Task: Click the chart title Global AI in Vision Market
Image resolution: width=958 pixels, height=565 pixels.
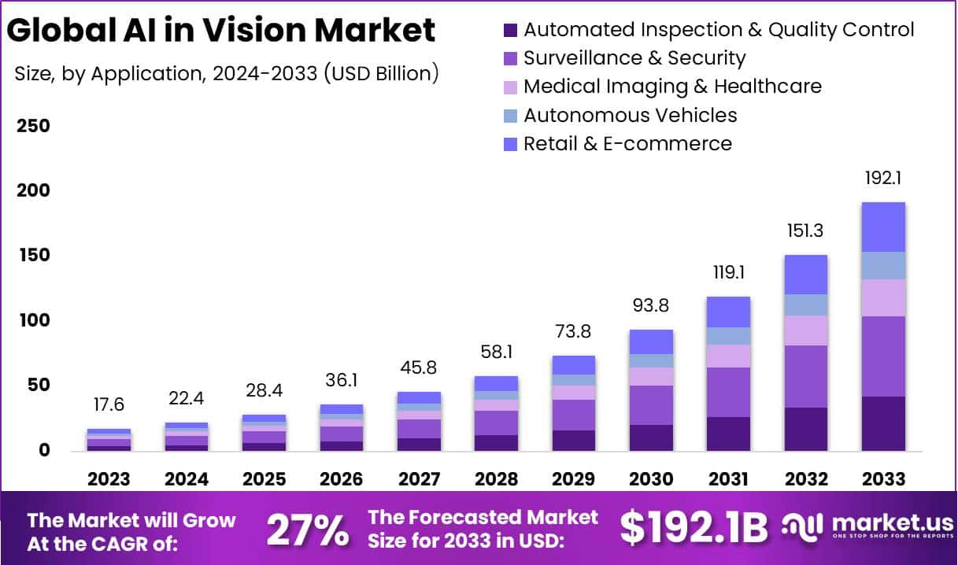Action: point(221,31)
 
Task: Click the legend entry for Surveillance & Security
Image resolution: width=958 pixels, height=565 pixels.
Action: point(634,58)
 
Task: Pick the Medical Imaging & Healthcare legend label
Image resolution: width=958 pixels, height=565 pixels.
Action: point(671,87)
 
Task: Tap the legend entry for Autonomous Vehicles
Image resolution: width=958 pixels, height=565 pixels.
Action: point(630,116)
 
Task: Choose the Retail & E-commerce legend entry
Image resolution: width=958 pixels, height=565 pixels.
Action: point(627,144)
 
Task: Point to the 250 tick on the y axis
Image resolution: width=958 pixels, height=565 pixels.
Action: point(33,126)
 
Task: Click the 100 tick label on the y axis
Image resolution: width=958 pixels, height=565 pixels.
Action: point(33,320)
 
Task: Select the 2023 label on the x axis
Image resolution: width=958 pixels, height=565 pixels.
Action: point(109,478)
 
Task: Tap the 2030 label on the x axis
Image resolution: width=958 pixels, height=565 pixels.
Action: point(651,478)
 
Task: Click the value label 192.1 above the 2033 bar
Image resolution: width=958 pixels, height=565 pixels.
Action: point(882,178)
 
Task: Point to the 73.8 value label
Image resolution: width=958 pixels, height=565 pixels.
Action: point(574,331)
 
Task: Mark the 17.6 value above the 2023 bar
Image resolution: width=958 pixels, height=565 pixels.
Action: point(109,404)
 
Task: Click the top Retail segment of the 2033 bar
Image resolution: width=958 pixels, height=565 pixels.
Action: point(882,227)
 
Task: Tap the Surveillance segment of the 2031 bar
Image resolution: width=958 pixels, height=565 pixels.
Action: point(728,392)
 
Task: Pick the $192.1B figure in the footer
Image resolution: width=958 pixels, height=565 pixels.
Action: point(693,529)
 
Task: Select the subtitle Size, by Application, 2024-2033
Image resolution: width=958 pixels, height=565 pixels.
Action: point(227,74)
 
